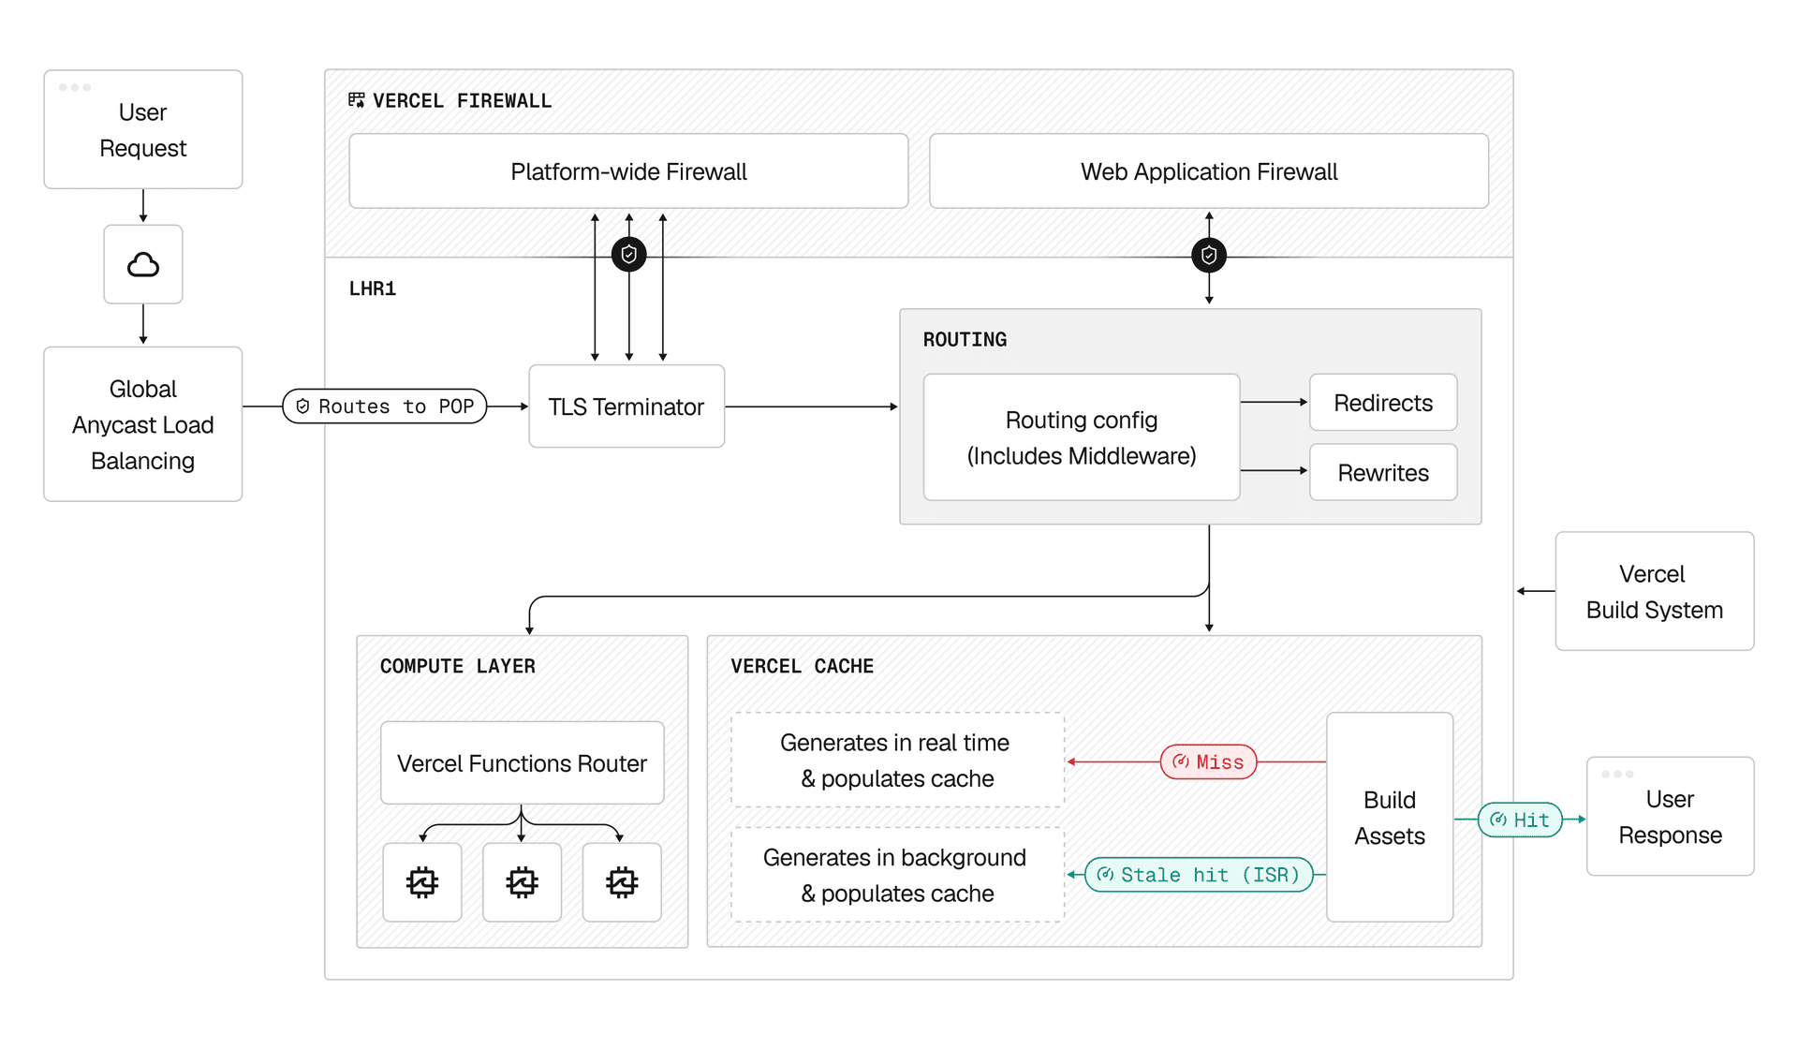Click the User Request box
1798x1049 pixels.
click(142, 130)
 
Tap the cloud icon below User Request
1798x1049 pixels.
click(142, 265)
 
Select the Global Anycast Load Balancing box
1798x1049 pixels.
click(142, 424)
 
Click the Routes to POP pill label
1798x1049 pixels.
click(385, 406)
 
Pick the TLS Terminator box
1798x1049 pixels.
click(626, 406)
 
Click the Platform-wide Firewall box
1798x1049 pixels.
click(628, 171)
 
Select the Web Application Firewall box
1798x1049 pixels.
click(1208, 171)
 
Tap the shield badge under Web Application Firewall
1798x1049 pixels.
click(1208, 255)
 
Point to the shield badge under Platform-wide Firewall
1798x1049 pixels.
click(628, 254)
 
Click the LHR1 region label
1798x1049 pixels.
click(373, 288)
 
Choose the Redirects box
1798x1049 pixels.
click(1382, 403)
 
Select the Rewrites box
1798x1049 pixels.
click(1382, 473)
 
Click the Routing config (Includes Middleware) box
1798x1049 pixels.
click(1081, 437)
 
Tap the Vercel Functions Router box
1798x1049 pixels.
click(522, 763)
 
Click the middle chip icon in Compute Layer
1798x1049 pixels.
click(522, 882)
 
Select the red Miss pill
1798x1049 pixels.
click(1208, 762)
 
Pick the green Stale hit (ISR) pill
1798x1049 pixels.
click(1199, 875)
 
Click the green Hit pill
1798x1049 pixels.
click(1519, 820)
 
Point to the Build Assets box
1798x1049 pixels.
click(1389, 818)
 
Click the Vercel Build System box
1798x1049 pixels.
click(1654, 592)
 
